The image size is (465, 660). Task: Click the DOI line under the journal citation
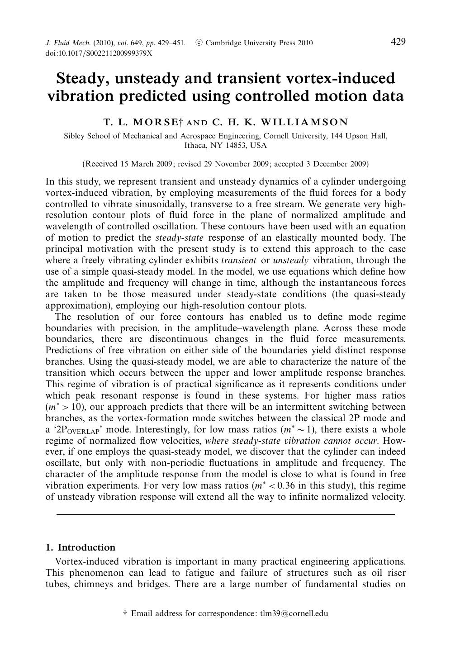[x=99, y=53]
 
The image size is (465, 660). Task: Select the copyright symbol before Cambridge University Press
[x=199, y=43]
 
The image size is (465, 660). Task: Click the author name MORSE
[x=156, y=122]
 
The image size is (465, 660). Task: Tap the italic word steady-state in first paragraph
[x=179, y=238]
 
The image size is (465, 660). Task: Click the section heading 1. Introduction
[x=81, y=547]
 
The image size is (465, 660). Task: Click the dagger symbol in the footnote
[x=125, y=614]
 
